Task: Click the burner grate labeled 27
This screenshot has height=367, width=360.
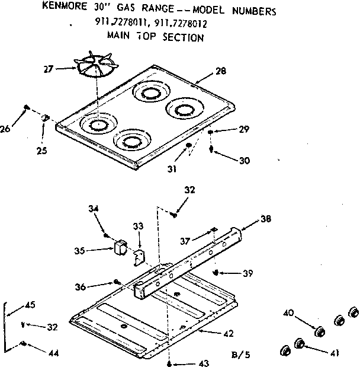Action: point(94,66)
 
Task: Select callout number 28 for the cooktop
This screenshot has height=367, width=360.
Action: point(221,72)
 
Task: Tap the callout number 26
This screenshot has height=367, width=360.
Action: point(7,127)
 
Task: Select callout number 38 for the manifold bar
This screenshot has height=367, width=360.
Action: point(266,218)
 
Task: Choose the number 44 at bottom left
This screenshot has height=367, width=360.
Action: point(53,353)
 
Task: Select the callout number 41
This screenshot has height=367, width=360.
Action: point(335,354)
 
